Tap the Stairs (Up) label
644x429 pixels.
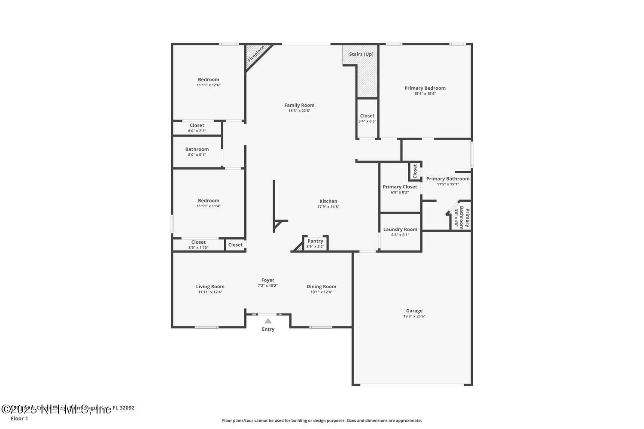click(x=361, y=54)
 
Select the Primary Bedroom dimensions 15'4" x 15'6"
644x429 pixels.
click(x=425, y=94)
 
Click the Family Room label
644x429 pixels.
click(x=299, y=105)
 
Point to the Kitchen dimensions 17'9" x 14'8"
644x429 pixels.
click(x=328, y=207)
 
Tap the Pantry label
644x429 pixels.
click(x=315, y=241)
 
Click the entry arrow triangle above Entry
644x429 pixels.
click(x=268, y=321)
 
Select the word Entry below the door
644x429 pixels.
click(x=268, y=329)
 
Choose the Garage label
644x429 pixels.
click(x=414, y=311)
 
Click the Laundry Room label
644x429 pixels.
click(x=400, y=230)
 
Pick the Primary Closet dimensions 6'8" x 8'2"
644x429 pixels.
click(x=400, y=192)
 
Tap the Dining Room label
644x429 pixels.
click(x=321, y=287)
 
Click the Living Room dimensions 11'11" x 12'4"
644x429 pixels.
click(x=210, y=292)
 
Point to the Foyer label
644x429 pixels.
click(x=268, y=280)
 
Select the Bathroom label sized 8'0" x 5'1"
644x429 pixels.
click(x=197, y=149)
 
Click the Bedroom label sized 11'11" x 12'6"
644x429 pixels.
click(x=209, y=79)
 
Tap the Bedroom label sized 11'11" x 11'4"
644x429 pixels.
click(x=209, y=200)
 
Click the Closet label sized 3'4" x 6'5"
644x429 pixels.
click(x=367, y=116)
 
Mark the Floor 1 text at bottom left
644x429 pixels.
click(x=19, y=418)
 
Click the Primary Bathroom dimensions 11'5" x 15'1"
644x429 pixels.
click(x=448, y=184)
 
